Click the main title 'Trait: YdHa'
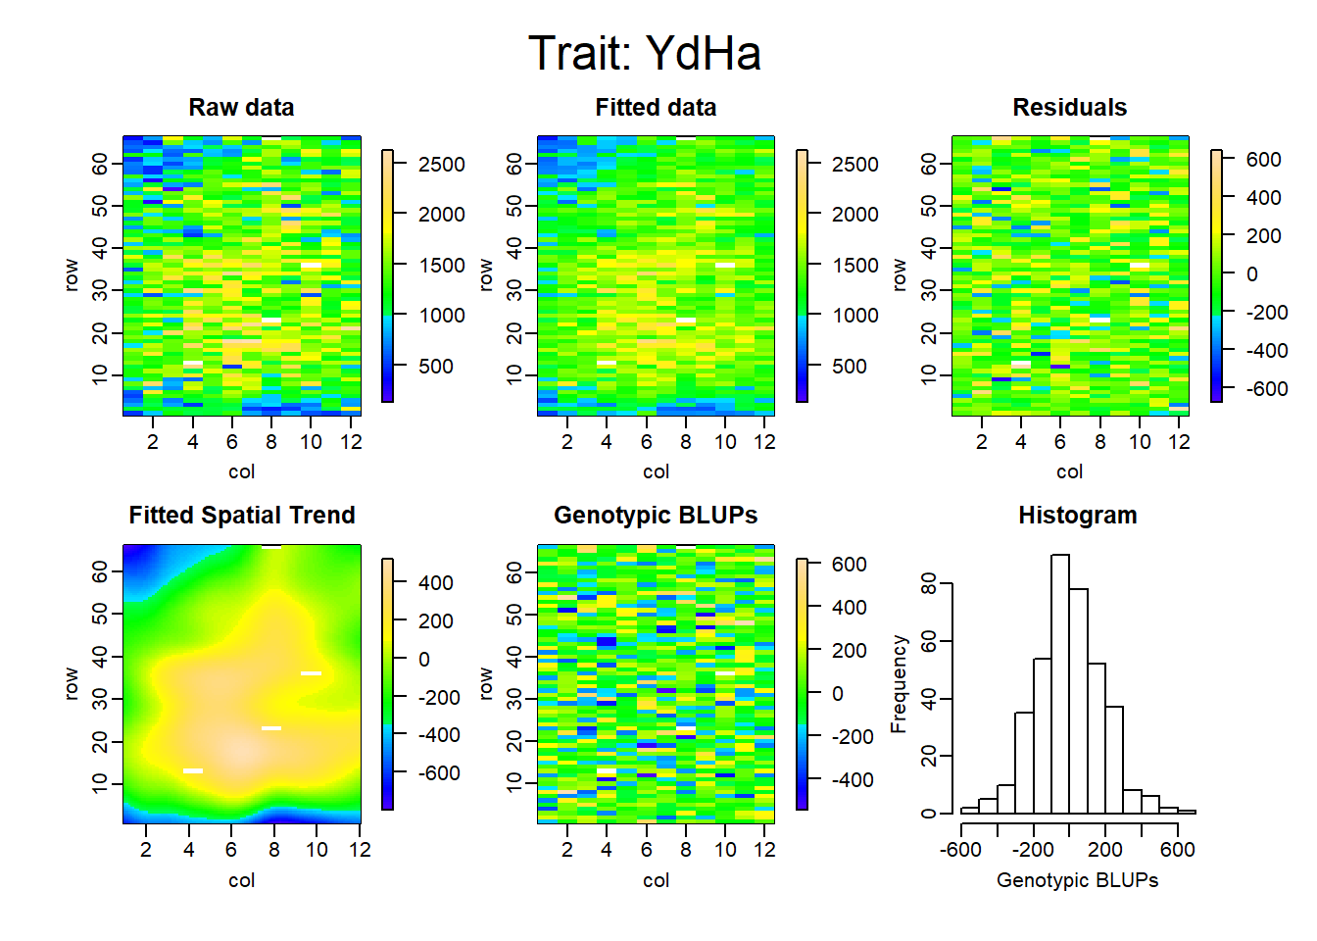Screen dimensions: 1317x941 (x=645, y=53)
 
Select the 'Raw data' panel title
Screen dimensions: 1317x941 (x=241, y=108)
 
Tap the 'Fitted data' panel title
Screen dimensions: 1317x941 (x=656, y=108)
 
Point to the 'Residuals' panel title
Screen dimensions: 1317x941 (x=1069, y=108)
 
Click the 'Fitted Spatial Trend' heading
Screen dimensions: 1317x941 (x=242, y=516)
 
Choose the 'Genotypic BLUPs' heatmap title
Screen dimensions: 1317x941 (x=656, y=516)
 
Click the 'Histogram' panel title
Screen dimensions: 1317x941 (x=1077, y=516)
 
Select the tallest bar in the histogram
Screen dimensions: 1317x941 (x=1060, y=683)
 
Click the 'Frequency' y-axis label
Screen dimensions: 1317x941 (x=899, y=684)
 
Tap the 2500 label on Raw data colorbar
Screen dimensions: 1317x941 (x=442, y=164)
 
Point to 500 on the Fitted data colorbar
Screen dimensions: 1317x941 (x=849, y=366)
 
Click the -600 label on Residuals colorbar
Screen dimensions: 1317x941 (x=1265, y=389)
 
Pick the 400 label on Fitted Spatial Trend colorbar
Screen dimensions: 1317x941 (x=436, y=583)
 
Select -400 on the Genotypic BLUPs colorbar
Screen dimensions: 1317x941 (x=852, y=780)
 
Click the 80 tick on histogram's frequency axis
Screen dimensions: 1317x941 (x=928, y=583)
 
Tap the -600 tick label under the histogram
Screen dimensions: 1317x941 (x=960, y=849)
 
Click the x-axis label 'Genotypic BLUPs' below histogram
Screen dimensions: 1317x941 (x=1077, y=880)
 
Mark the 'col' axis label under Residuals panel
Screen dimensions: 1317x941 (x=1069, y=471)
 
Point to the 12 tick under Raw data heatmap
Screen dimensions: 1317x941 (x=351, y=442)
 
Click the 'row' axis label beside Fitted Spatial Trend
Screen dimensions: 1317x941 (x=72, y=684)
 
